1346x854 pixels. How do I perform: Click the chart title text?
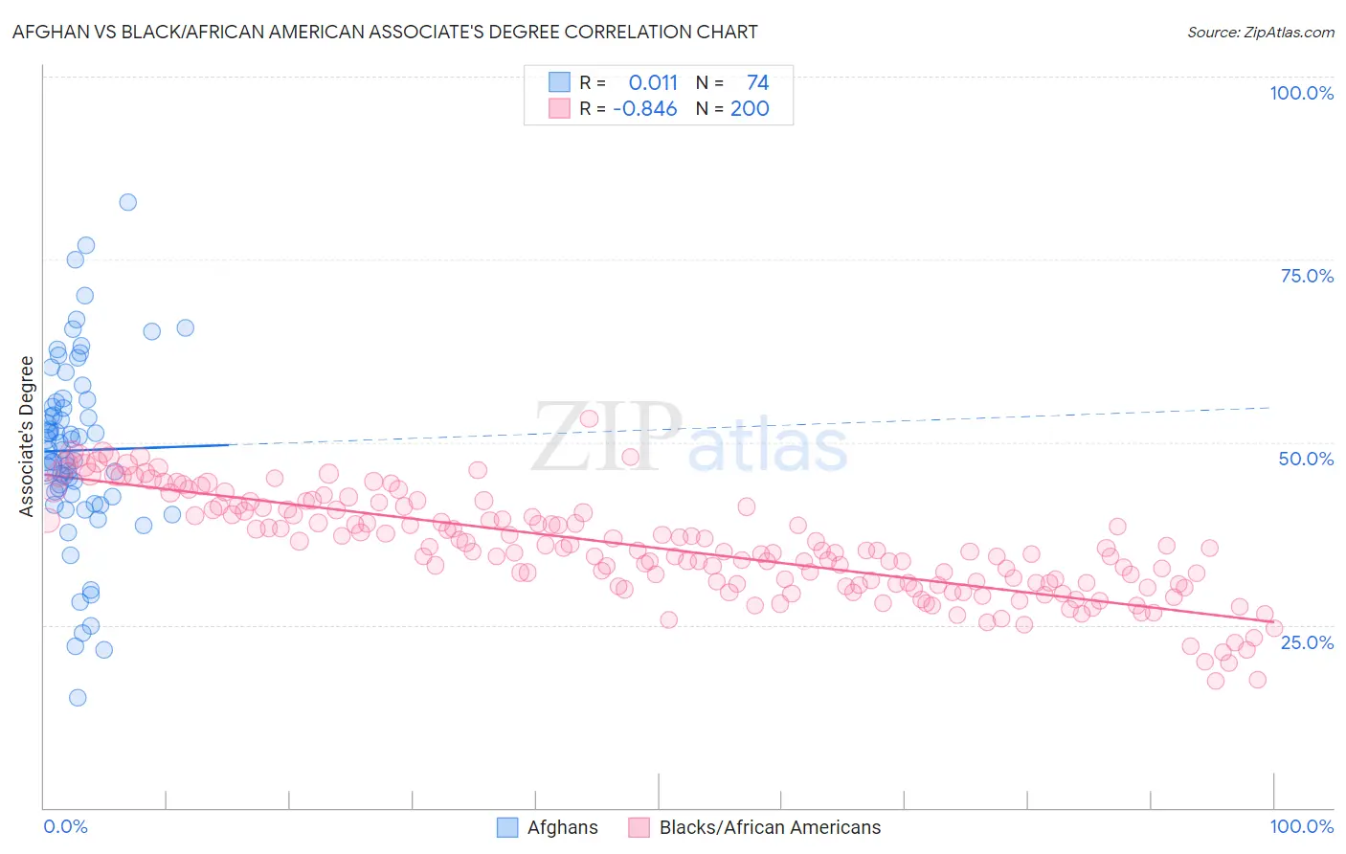385,33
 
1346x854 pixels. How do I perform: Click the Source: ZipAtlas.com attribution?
1260,33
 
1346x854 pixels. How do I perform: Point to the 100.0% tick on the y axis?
1301,93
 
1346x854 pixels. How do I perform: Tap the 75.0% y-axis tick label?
1307,276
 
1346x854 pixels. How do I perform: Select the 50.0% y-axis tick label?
1306,459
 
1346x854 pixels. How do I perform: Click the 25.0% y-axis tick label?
1307,642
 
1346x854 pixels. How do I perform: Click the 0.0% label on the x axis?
65,826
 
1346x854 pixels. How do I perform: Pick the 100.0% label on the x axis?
1301,826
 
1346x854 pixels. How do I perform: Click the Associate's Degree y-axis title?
27,437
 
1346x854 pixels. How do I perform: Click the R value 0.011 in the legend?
653,83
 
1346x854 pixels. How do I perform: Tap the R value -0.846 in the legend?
645,109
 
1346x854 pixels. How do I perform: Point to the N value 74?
757,83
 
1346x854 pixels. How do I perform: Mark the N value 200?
750,109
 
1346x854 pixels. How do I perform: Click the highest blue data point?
127,202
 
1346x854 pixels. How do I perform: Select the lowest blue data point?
78,697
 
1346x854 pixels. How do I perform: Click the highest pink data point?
590,418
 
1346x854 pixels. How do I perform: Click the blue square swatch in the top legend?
559,82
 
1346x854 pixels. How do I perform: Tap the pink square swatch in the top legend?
559,108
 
